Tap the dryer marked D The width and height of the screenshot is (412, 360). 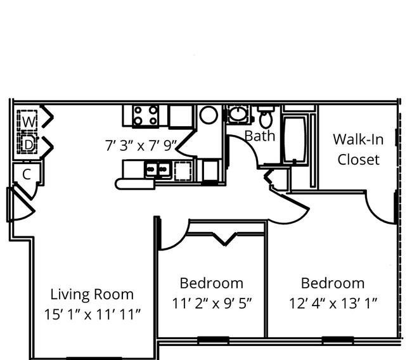[27, 143]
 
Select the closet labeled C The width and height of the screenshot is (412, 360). [27, 174]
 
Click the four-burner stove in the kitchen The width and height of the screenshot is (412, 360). [146, 115]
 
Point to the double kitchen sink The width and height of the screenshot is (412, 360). [158, 169]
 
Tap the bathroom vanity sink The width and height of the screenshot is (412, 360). [238, 113]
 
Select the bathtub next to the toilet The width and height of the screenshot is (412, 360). [295, 139]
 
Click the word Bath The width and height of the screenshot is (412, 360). [260, 136]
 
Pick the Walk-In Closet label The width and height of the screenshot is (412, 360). [358, 149]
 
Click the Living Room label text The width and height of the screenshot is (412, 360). [92, 294]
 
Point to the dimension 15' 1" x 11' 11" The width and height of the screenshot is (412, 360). [93, 314]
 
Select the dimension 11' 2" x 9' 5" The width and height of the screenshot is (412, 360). [212, 303]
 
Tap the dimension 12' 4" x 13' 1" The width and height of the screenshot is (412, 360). [333, 303]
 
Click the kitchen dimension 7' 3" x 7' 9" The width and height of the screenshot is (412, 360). [141, 146]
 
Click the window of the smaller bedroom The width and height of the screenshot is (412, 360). [213, 340]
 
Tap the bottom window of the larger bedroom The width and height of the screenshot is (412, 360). [338, 340]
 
